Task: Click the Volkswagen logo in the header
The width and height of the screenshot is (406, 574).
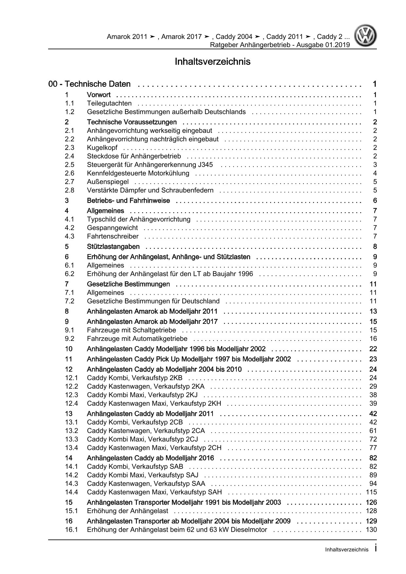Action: tap(366, 37)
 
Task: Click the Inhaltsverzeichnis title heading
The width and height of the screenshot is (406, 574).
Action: tap(212, 62)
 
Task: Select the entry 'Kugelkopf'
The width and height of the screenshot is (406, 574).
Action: tap(102, 148)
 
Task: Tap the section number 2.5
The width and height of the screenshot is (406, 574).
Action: tap(69, 165)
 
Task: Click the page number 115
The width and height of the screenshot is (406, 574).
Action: tap(371, 492)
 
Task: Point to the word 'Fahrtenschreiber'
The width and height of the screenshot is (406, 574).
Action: tap(113, 236)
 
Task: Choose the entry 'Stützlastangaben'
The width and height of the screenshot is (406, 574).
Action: tap(113, 247)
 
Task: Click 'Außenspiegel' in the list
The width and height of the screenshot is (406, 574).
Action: tap(108, 182)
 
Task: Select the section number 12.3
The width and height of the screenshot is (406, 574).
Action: tap(71, 395)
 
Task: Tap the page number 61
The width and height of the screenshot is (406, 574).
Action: tap(373, 431)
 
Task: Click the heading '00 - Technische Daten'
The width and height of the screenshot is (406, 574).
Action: tap(89, 84)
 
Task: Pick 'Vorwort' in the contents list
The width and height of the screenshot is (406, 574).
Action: tap(99, 95)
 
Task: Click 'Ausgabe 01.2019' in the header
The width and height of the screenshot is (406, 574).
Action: tap(323, 45)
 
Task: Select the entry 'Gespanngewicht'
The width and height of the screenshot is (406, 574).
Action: tap(112, 228)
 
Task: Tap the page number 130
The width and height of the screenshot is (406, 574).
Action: tap(371, 529)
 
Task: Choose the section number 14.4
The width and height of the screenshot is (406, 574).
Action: tap(71, 492)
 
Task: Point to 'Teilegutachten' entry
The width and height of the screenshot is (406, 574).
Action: tap(109, 103)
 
